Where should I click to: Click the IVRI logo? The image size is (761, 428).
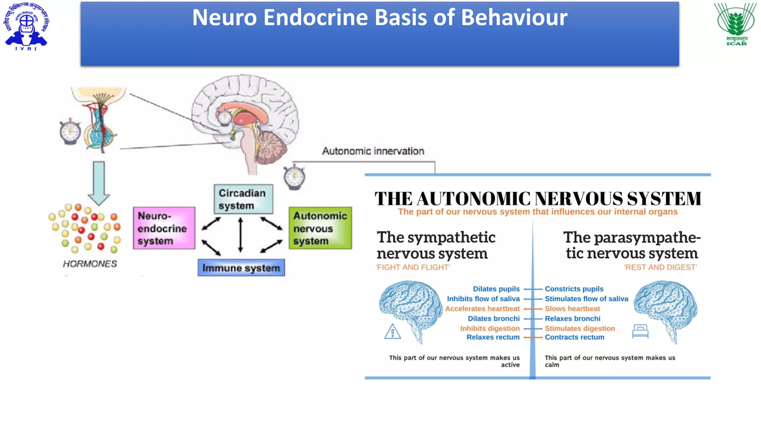(26, 26)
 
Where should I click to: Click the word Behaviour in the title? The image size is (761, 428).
(514, 17)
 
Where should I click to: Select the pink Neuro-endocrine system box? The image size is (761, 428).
(164, 228)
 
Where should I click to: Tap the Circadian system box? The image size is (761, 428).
(243, 199)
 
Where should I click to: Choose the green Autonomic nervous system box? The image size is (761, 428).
(320, 228)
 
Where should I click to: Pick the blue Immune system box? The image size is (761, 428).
(241, 268)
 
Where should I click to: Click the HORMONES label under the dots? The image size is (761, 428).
(90, 264)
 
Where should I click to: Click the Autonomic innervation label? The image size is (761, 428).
(373, 151)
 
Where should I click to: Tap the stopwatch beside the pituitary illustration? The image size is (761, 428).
(70, 132)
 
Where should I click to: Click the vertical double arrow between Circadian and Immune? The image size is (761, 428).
(240, 235)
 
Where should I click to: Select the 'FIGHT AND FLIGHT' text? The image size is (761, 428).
(412, 267)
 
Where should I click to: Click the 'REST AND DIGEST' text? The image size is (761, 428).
(660, 267)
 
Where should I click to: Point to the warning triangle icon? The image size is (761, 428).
(392, 332)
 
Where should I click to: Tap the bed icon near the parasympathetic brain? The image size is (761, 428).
(640, 331)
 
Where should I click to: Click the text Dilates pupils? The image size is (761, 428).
(496, 289)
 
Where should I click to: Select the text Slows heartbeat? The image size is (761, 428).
(572, 309)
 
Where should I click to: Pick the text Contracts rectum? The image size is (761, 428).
(574, 337)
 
